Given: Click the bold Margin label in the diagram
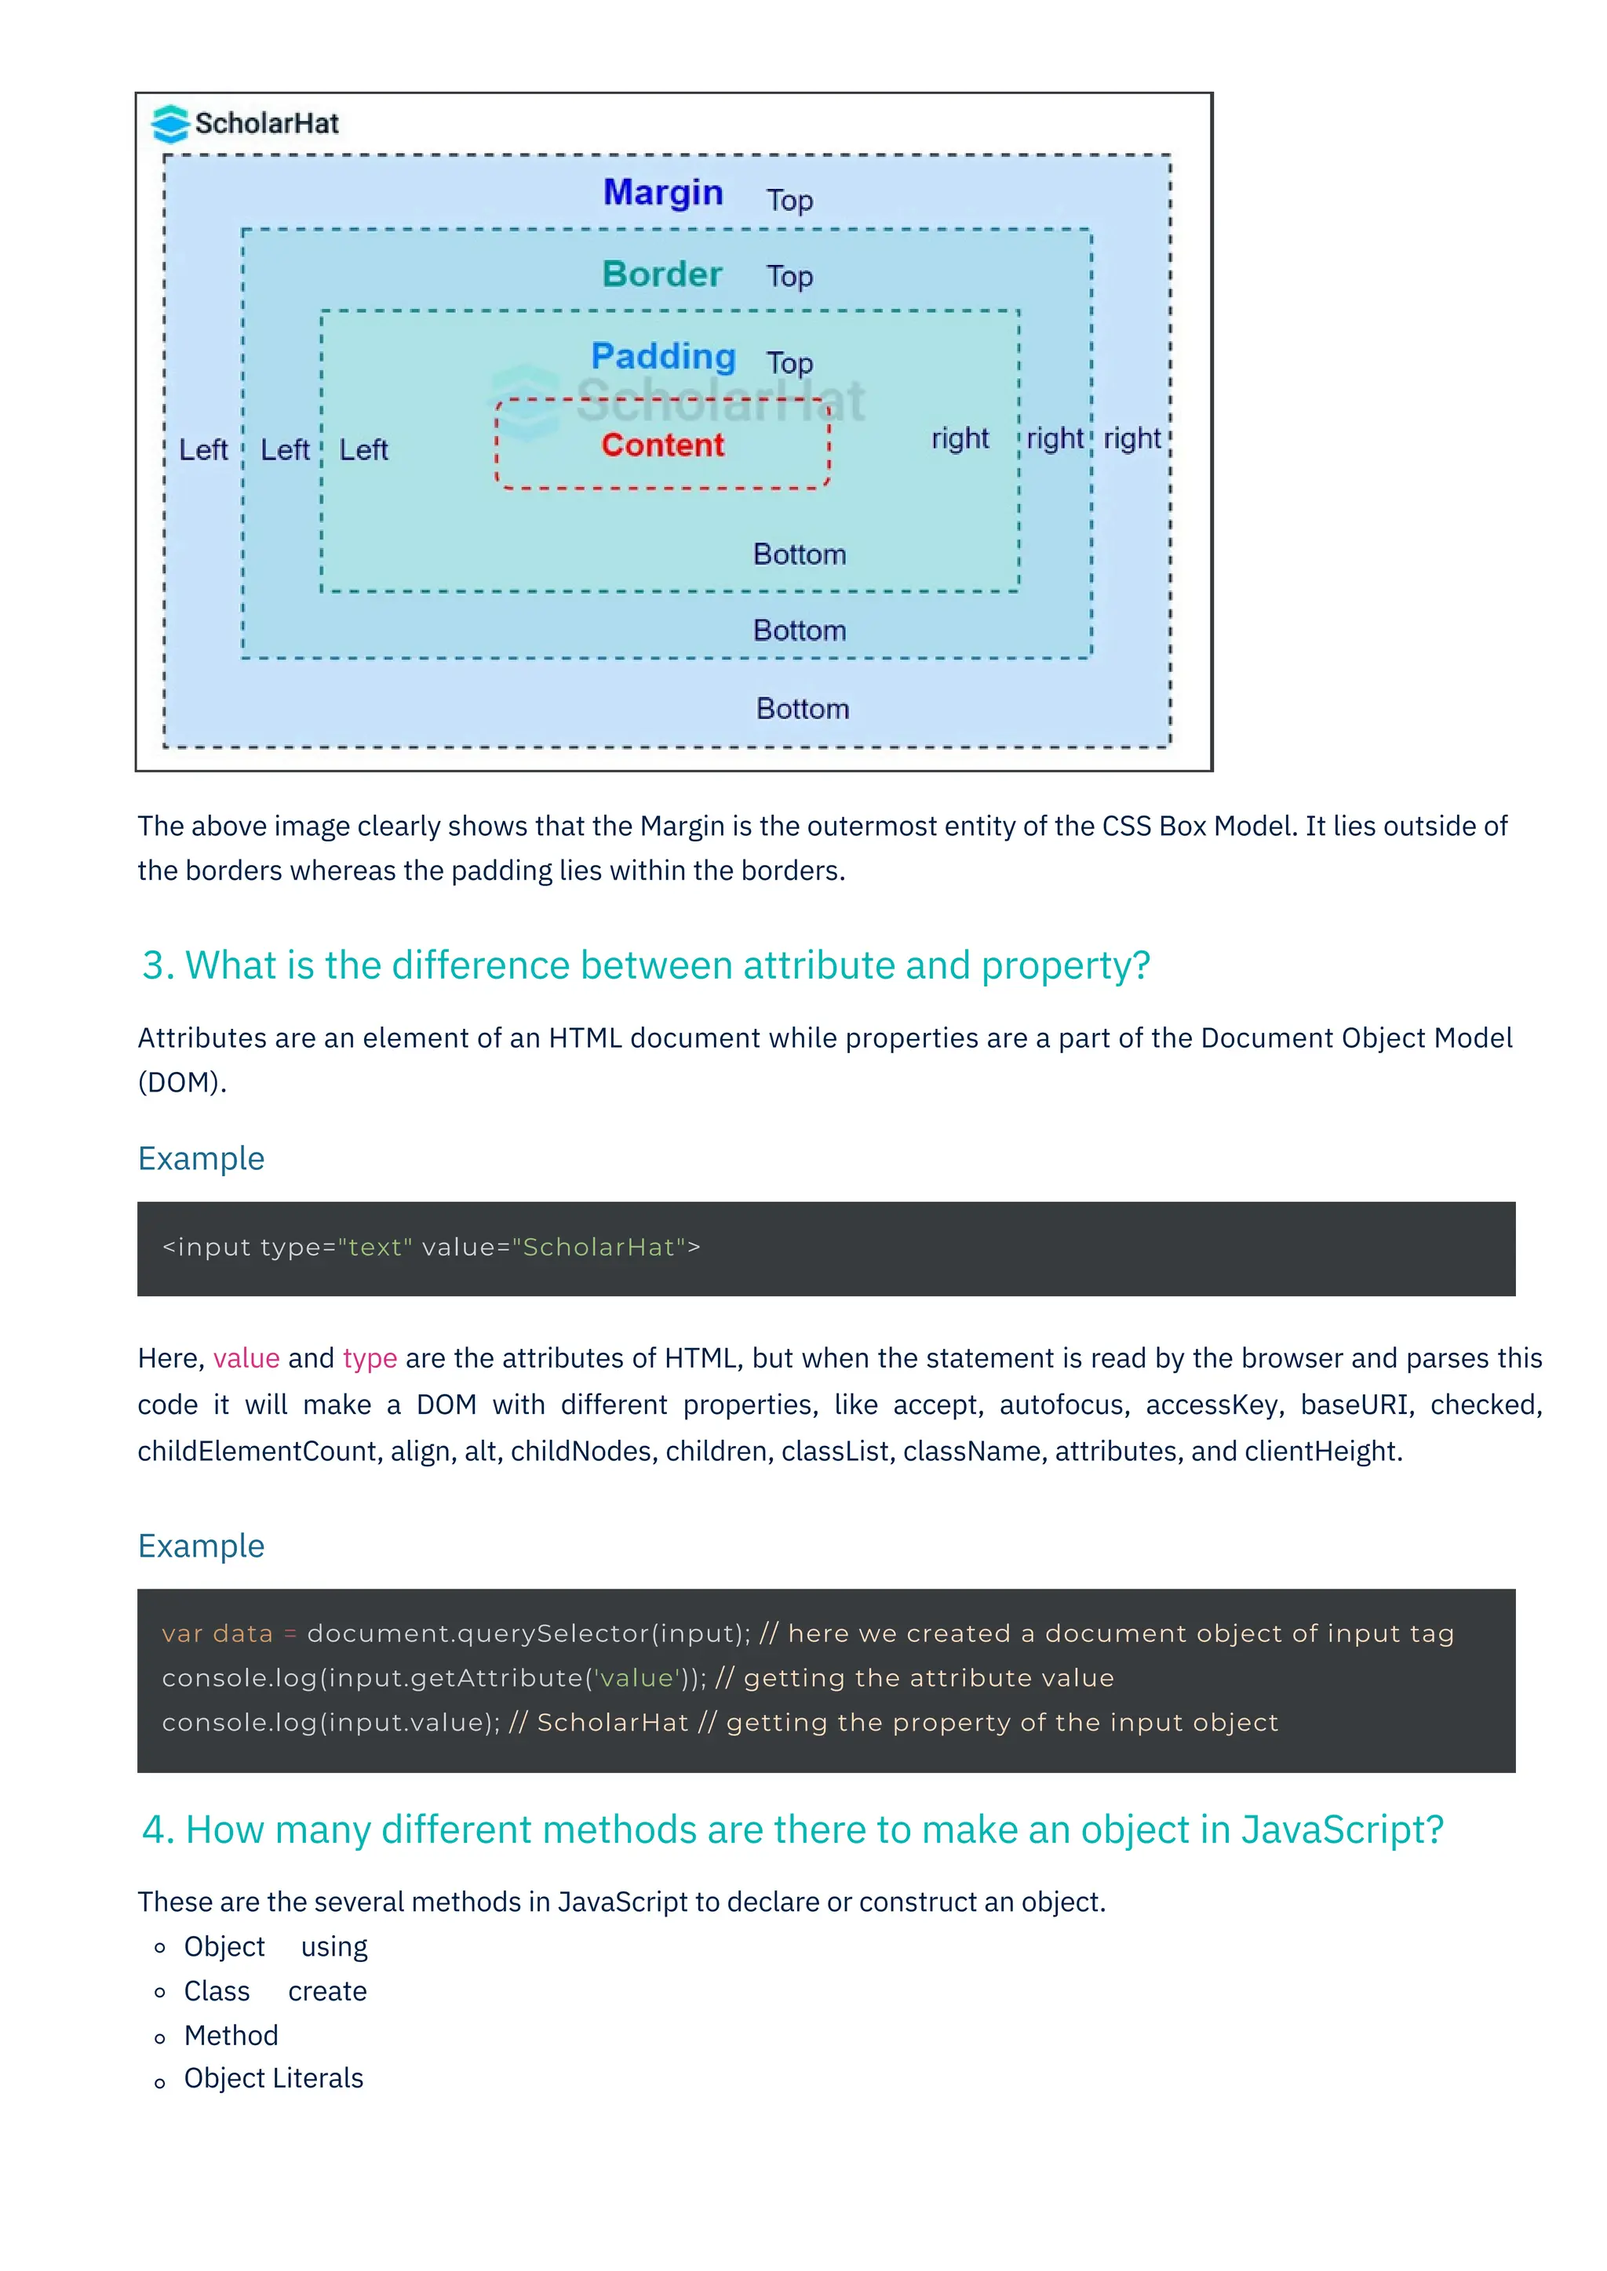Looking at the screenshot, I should (x=663, y=192).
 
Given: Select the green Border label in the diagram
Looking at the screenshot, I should (x=662, y=274).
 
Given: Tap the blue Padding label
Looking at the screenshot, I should (x=663, y=356).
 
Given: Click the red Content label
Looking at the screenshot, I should (x=662, y=445).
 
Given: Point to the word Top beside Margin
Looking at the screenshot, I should (x=789, y=200).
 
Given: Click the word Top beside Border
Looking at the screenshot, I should (x=789, y=276).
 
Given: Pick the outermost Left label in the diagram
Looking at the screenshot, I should (x=203, y=450).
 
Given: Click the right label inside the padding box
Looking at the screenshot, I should (x=959, y=438).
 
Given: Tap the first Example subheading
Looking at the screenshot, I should (x=201, y=1158).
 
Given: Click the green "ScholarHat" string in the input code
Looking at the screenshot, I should (x=599, y=1248).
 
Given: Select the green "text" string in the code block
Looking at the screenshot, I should (x=375, y=1248).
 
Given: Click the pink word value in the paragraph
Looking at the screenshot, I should (x=246, y=1358).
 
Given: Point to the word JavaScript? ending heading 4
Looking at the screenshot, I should (x=1342, y=1830).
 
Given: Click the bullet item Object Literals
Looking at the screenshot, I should (x=273, y=2078).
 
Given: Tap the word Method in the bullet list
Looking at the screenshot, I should (x=231, y=2035).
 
